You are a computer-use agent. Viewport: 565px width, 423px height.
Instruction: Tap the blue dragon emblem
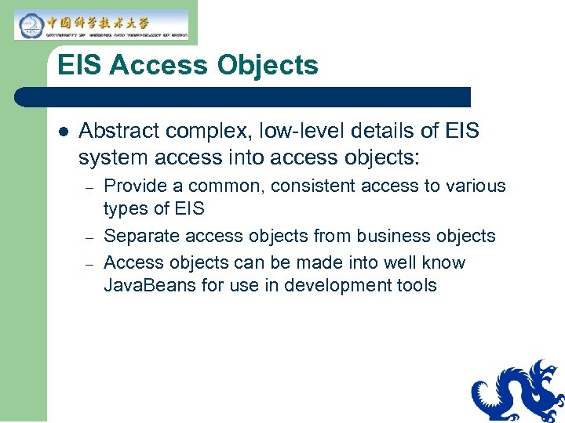coord(518,392)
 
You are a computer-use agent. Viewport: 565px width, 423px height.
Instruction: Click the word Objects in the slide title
coord(268,66)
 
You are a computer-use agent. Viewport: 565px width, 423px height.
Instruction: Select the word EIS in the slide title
coord(80,66)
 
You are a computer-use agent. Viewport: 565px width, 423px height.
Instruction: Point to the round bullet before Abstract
coord(63,131)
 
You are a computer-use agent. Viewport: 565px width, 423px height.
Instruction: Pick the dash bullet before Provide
coord(90,188)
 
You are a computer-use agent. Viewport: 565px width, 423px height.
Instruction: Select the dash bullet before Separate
coord(90,237)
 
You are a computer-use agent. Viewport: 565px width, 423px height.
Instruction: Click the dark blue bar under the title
coord(243,97)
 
